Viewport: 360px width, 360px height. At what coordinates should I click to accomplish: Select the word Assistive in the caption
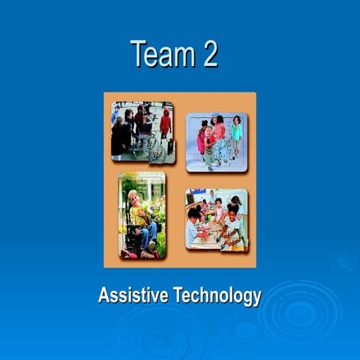point(133,295)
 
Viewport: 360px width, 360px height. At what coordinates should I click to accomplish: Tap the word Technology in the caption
point(217,296)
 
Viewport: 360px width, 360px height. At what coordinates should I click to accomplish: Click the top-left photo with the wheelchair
point(142,133)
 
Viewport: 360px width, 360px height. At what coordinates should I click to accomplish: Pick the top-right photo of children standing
point(216,142)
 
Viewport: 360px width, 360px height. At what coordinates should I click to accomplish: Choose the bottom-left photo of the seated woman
point(142,215)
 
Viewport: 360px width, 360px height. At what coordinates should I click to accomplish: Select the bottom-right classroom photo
point(217,219)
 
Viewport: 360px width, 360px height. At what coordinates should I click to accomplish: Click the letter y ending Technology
point(257,298)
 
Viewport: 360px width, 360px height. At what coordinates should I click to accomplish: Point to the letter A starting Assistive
point(103,295)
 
